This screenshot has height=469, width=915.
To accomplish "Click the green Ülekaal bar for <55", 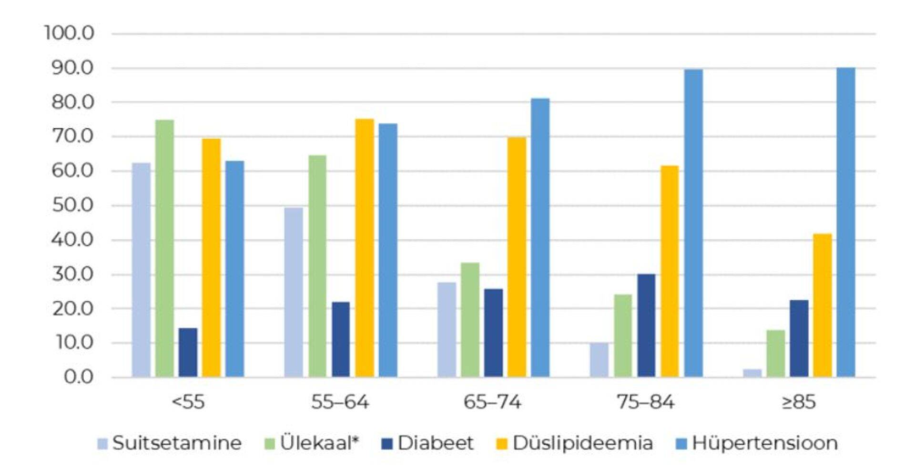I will [164, 248].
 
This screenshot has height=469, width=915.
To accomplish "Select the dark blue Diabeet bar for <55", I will [188, 353].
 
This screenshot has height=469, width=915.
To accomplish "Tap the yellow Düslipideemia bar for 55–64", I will [365, 248].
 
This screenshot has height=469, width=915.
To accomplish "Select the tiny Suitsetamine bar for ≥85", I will [752, 373].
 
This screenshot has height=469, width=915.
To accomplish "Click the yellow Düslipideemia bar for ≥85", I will [822, 305].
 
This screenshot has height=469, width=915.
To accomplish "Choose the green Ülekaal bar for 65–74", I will [470, 319].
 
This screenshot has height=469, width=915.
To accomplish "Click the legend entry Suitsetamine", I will [176, 443].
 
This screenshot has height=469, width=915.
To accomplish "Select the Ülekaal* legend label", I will [319, 443].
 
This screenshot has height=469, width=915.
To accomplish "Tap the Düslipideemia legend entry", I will [582, 443].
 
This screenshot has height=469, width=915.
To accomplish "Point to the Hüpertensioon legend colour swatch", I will [681, 444].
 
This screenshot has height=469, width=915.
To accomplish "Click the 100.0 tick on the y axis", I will [70, 33].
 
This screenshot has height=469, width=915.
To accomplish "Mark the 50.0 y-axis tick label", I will [73, 205].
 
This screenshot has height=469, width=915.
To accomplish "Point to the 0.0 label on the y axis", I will [79, 377].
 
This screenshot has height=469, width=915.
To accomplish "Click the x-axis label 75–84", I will [645, 402].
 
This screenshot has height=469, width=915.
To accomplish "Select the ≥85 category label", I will [799, 402].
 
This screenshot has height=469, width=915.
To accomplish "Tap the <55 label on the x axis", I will [188, 402].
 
